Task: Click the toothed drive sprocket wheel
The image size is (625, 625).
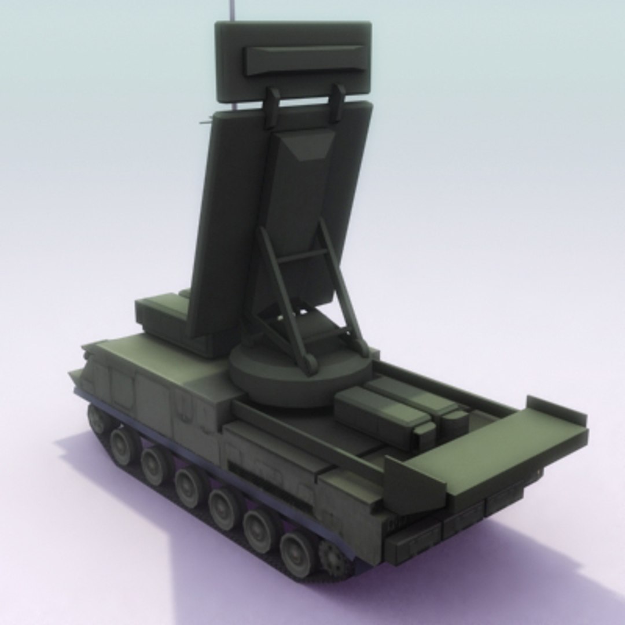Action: [334, 558]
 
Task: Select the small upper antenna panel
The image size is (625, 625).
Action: [293, 61]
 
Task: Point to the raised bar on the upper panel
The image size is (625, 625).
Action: [304, 59]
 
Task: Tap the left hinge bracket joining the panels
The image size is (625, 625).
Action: [271, 108]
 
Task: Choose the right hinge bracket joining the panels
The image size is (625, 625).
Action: [336, 103]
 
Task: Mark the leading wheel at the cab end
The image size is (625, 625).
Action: [100, 420]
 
